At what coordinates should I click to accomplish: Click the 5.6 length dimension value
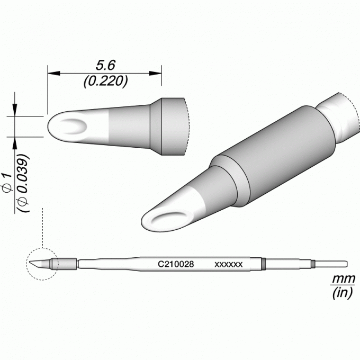pyautogui.click(x=105, y=65)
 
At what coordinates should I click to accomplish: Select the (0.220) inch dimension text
pyautogui.click(x=105, y=81)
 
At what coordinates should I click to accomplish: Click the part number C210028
pyautogui.click(x=176, y=264)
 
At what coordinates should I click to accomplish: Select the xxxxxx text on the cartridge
pyautogui.click(x=229, y=265)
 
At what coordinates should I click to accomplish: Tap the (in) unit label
pyautogui.click(x=343, y=293)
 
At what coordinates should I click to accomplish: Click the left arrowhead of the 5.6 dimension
pyautogui.click(x=53, y=73)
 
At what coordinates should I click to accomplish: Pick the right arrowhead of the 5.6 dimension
pyautogui.click(x=156, y=73)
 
